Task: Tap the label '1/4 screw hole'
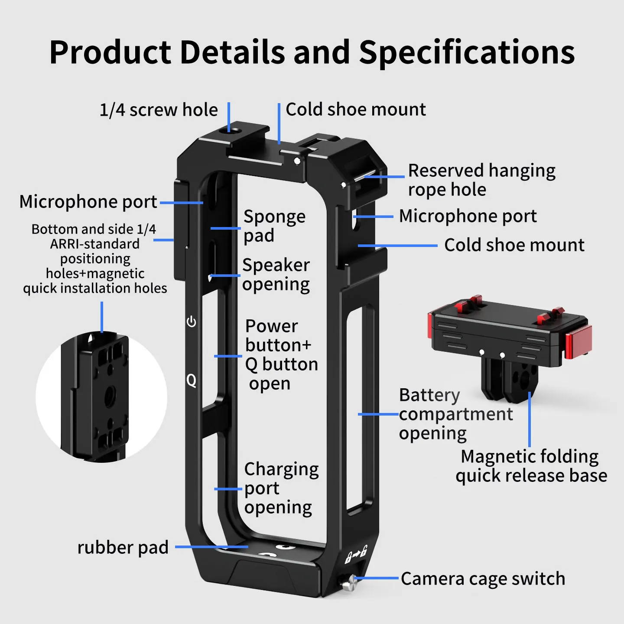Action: [159, 110]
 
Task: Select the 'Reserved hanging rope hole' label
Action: [481, 180]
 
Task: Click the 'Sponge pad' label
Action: [275, 226]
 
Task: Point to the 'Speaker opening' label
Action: [276, 275]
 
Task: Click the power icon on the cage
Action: [192, 322]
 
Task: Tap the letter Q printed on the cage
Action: [192, 380]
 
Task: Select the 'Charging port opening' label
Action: [281, 488]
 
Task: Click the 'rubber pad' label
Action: [123, 547]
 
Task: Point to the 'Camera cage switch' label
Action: [483, 578]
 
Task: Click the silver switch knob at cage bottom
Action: [348, 582]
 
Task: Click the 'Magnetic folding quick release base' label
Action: [531, 466]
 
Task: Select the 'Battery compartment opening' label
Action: [456, 414]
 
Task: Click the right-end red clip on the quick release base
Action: [578, 341]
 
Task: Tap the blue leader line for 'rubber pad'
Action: [212, 547]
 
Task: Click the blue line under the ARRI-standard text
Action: [102, 317]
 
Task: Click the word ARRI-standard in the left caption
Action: [95, 244]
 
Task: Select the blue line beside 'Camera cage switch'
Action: [376, 578]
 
